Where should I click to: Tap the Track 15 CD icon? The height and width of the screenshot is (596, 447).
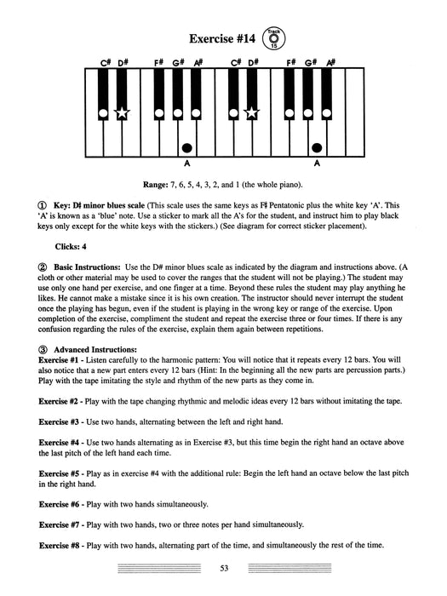pos(273,37)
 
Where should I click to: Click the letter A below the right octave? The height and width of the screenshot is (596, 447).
pos(317,163)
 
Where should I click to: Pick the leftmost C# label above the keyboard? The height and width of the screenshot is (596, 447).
pos(105,62)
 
